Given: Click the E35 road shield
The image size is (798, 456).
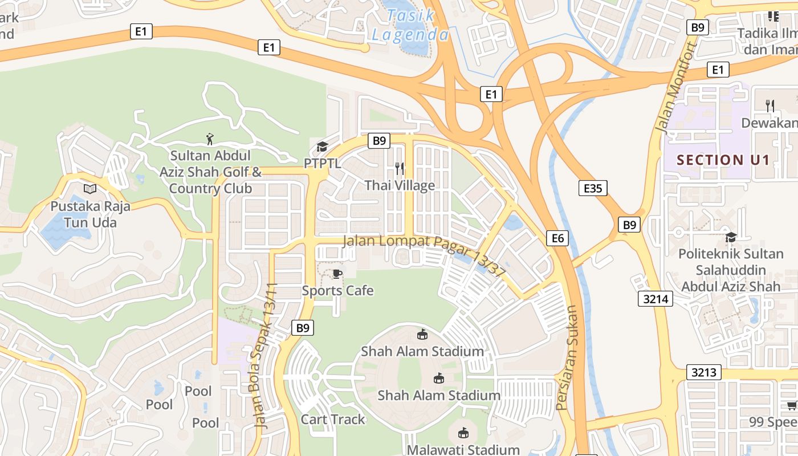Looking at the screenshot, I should coord(593,188).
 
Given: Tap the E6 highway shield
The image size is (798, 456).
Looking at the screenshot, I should coord(557,238).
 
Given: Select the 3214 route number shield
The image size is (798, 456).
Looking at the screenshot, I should coord(655,299).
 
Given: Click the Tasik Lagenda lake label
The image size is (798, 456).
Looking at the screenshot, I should coord(410,25).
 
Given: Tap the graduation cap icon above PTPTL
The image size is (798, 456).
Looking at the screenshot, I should coord(322,147).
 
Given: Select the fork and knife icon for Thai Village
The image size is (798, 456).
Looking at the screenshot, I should coord(400,168).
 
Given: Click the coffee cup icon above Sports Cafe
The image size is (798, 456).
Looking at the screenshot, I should coord(337,274).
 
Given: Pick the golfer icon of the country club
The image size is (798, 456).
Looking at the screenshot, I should coord(210,139).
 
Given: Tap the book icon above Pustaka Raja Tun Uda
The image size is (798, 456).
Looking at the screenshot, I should coord(90,189).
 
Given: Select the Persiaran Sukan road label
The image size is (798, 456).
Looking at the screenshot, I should coord(568,358).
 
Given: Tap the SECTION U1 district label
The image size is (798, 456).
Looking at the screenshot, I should coord(723,160).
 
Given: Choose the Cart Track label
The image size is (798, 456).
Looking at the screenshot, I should coord(333,420).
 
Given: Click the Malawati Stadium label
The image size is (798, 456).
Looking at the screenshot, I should coord(463,450).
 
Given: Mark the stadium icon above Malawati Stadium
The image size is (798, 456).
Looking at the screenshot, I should coord(463,433).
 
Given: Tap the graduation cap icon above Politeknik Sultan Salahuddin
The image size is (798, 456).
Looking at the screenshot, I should coord(731,237).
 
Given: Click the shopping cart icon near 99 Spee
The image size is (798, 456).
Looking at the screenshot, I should coord(792,405).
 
